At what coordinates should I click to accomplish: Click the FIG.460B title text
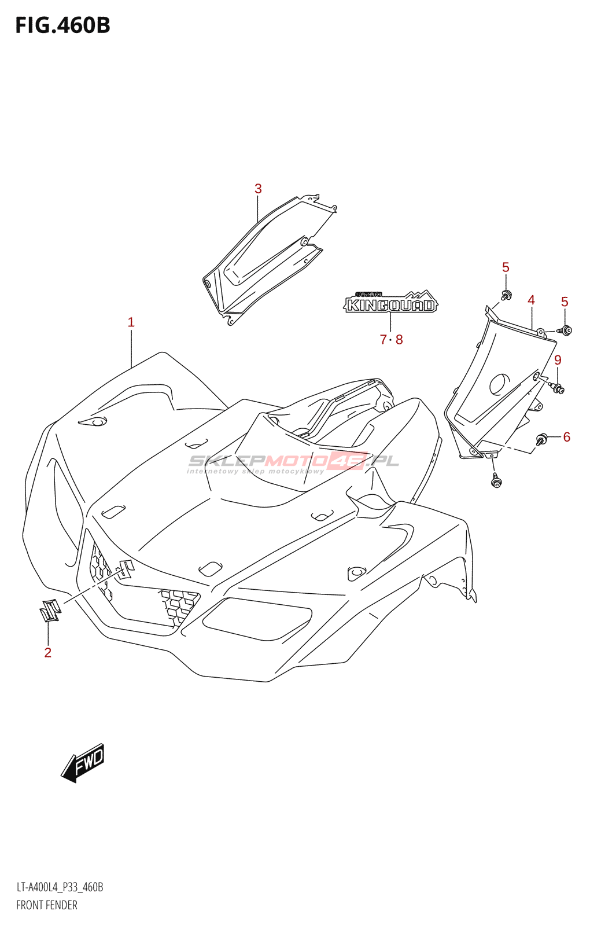click(62, 25)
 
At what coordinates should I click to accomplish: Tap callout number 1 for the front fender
click(131, 322)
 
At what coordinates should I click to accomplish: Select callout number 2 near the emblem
click(48, 653)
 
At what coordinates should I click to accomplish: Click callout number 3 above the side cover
click(258, 189)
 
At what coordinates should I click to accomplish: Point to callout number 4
click(531, 300)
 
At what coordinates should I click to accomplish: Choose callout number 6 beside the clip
click(566, 437)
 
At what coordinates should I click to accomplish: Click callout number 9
click(558, 360)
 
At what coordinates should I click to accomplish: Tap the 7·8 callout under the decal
click(391, 340)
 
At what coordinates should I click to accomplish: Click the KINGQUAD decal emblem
click(391, 302)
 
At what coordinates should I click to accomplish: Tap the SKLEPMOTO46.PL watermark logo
click(293, 462)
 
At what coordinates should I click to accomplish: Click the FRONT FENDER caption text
click(47, 905)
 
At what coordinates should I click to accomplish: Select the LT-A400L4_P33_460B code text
click(60, 887)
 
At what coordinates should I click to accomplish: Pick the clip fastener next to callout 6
click(543, 439)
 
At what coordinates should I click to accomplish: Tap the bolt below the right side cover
click(496, 480)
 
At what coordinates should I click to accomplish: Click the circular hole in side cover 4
click(500, 384)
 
